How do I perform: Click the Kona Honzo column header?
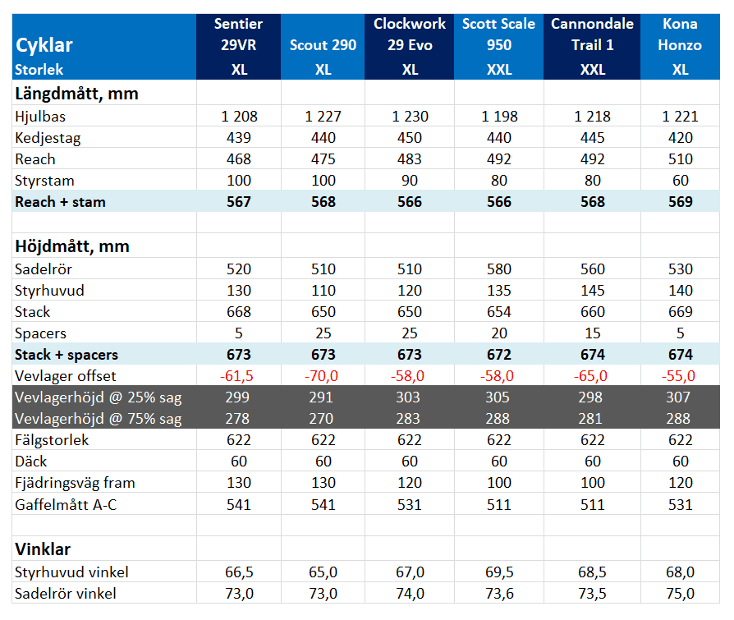pos(680,34)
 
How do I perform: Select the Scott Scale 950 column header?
pos(498,34)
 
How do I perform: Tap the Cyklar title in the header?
pos(44,45)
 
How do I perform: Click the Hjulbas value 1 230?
pos(410,116)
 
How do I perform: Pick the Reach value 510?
pos(680,159)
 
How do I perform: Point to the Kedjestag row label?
pos(48,138)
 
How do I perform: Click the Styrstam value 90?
pos(410,181)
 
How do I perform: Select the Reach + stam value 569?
pos(680,202)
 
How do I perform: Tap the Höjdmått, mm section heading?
pos(72,246)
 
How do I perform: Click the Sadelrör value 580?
pos(499,269)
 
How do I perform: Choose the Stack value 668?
pos(239,312)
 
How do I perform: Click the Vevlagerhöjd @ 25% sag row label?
pos(99,397)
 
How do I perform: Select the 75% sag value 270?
pos(321,419)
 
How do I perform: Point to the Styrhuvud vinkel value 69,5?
pos(499,572)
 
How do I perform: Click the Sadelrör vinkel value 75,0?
pos(680,594)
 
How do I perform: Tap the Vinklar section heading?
pos(43,549)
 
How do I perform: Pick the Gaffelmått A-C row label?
pos(66,505)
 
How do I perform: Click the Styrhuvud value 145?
pos(593,291)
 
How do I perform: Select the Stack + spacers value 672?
pos(499,355)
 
